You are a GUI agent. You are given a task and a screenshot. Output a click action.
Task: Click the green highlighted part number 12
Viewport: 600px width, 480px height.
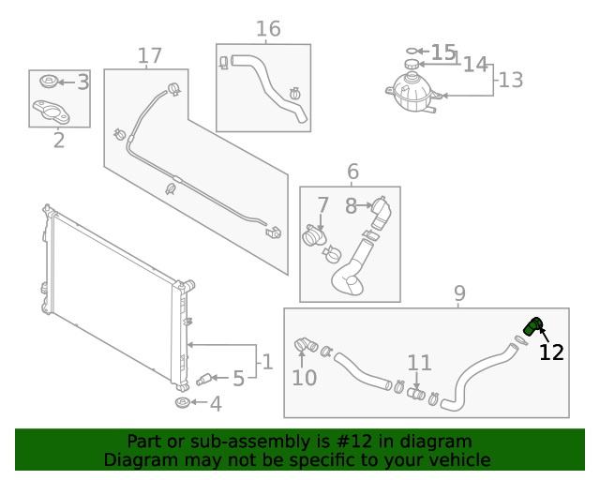[x=532, y=327]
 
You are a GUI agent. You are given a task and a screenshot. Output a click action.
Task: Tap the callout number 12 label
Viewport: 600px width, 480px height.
[x=551, y=352]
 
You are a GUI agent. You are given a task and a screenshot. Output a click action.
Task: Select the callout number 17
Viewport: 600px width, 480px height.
[x=150, y=56]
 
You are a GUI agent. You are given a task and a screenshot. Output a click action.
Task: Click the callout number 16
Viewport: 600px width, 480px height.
[x=268, y=29]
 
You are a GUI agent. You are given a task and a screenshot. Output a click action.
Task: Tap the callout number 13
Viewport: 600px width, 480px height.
[x=511, y=80]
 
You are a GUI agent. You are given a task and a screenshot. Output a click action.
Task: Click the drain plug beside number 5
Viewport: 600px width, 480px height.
[x=204, y=379]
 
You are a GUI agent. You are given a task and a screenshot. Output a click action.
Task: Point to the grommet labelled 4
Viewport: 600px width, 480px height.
[x=182, y=403]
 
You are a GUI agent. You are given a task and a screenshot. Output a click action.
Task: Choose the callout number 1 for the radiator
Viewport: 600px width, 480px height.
[x=266, y=361]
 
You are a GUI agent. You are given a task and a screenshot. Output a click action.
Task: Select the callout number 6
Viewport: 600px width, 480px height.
[x=352, y=172]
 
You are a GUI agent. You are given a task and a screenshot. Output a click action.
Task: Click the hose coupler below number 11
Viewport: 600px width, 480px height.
[x=416, y=393]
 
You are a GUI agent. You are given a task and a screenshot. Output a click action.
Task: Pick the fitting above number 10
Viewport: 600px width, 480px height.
[x=305, y=346]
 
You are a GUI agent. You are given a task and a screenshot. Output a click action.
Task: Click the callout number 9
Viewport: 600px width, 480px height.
[x=459, y=294]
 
